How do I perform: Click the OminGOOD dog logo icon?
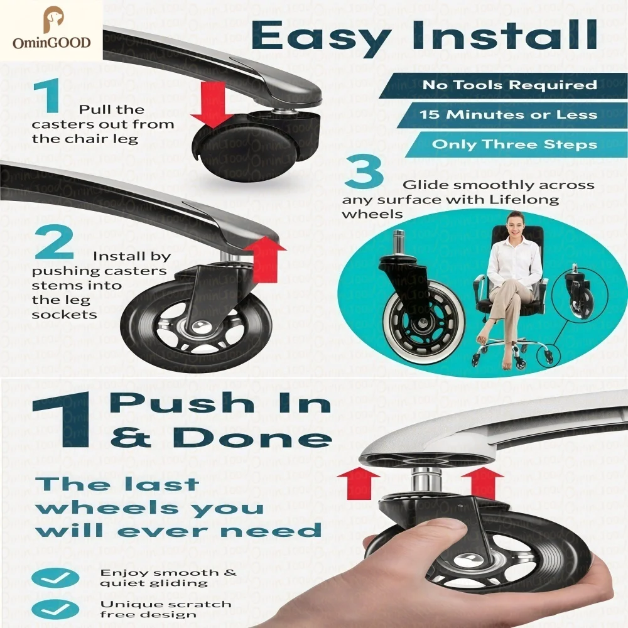[x=53, y=19]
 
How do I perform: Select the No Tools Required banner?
[x=503, y=85]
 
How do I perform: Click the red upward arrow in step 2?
[x=265, y=259]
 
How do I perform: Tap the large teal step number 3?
[x=364, y=171]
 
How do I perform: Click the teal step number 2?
[x=55, y=242]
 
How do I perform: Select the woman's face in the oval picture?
[x=515, y=225]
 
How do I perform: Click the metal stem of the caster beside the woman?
[x=399, y=244]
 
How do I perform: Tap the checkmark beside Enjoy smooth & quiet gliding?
[x=55, y=578]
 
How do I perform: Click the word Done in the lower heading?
[x=255, y=437]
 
